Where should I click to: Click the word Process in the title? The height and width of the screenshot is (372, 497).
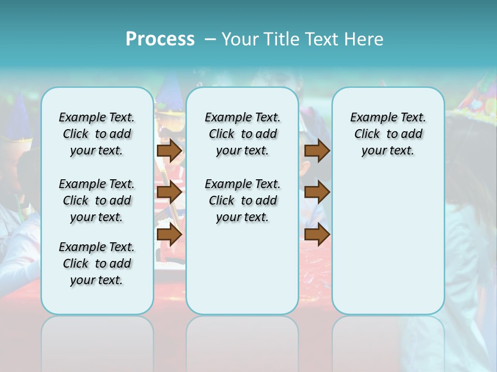pos(160,39)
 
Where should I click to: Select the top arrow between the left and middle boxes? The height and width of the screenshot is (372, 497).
pos(169,150)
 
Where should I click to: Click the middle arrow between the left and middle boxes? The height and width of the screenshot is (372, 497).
pos(169,193)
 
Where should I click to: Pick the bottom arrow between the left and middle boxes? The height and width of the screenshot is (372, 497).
pos(169,235)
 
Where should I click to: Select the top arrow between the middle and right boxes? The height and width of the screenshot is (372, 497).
pos(317,150)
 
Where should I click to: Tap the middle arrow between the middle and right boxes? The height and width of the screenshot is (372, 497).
pos(317,193)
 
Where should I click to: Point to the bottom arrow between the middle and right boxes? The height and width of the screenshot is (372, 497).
pos(317,235)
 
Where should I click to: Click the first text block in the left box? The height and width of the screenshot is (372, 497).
pos(97,134)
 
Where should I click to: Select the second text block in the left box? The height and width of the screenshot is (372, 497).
pos(97,200)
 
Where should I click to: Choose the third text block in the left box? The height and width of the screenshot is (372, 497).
pos(97,263)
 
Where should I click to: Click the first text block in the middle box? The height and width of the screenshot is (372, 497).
pos(242,134)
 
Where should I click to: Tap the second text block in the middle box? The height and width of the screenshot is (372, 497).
pos(242,200)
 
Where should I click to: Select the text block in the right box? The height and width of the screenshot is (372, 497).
pos(388,134)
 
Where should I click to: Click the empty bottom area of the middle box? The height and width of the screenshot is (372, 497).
pos(242,274)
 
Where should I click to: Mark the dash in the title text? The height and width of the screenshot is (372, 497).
pos(210,39)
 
